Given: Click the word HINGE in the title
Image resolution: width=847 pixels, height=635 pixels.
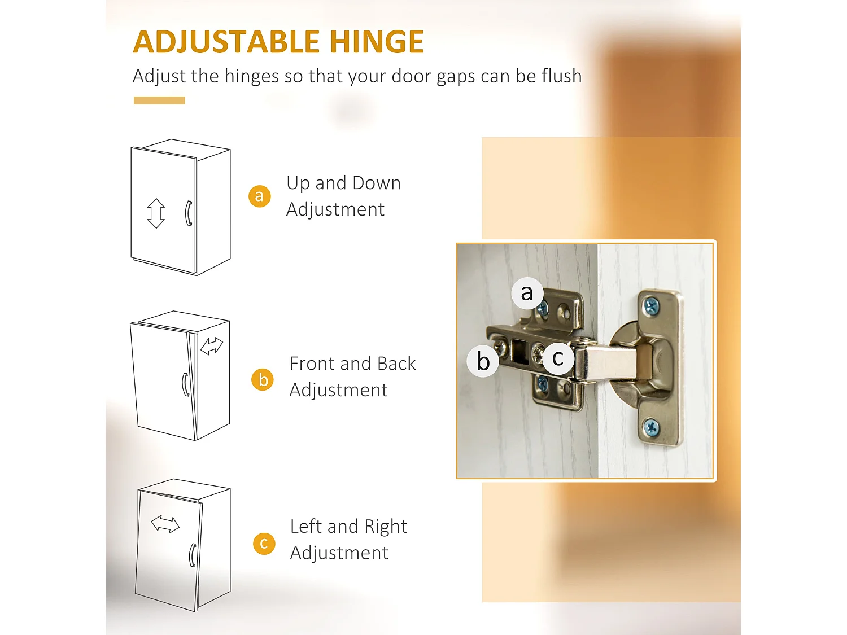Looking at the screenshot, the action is (377, 41).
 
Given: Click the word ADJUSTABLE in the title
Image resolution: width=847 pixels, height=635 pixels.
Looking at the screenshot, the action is (226, 42).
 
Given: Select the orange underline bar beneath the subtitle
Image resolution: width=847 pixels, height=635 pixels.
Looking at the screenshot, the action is (159, 100).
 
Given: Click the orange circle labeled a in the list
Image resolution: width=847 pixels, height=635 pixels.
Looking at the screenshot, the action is (259, 196).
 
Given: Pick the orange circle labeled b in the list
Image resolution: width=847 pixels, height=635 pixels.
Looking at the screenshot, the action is (263, 380).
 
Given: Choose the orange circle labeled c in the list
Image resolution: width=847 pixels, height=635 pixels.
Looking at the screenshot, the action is (264, 544).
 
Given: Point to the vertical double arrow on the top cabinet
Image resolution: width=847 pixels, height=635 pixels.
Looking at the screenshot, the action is (156, 213).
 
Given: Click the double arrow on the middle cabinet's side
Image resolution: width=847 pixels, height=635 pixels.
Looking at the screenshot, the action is (212, 346).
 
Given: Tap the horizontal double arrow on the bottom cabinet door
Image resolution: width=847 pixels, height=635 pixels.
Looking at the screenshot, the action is (165, 524).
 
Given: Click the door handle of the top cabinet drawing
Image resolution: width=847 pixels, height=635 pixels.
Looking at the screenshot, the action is (188, 213).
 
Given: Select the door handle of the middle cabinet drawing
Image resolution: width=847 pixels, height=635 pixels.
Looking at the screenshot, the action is (186, 384).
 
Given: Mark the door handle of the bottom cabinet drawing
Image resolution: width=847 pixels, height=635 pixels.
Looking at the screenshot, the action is (193, 555).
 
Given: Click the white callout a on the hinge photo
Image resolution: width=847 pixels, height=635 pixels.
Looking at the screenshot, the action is (527, 292).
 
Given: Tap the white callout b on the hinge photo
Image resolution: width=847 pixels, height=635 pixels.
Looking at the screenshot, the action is (483, 361).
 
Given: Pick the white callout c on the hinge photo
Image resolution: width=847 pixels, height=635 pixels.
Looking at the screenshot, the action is (558, 358).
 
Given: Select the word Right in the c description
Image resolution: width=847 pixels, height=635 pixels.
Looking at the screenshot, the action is (386, 527).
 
